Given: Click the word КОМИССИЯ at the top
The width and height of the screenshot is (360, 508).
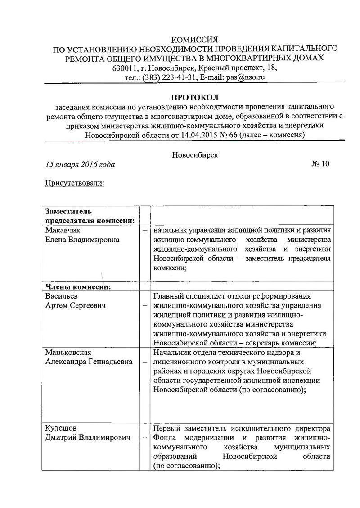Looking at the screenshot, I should pyautogui.click(x=195, y=39).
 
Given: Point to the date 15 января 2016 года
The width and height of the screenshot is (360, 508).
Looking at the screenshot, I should pyautogui.click(x=80, y=164).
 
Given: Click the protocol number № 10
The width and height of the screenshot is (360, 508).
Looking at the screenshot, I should pyautogui.click(x=320, y=163).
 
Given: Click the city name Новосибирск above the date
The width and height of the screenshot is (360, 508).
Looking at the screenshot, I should pyautogui.click(x=195, y=155).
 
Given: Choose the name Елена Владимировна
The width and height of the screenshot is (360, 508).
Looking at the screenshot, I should pyautogui.click(x=82, y=240).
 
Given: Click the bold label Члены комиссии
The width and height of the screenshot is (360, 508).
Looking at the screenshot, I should pyautogui.click(x=78, y=286).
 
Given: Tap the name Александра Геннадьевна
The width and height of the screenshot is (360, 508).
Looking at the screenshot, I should pyautogui.click(x=89, y=362).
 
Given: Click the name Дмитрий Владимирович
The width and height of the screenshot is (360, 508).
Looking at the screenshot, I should pyautogui.click(x=88, y=437).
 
